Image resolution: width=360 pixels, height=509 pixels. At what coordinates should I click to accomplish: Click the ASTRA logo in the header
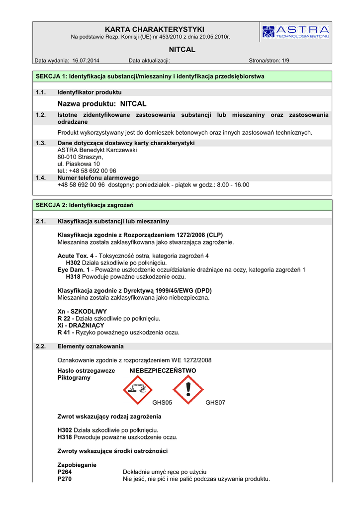[x=295, y=31]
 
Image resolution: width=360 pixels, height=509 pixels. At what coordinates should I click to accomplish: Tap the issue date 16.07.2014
[x=86, y=61]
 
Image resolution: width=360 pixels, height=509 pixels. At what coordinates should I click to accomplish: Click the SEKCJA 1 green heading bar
[x=182, y=77]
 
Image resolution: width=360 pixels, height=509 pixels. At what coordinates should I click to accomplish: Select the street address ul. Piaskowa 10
[x=79, y=164]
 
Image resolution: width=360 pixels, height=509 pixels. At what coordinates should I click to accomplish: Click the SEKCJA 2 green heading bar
[x=182, y=205]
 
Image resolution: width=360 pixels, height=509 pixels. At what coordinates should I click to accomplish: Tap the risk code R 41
[x=64, y=332]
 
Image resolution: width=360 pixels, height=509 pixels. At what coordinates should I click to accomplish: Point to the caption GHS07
[x=215, y=403]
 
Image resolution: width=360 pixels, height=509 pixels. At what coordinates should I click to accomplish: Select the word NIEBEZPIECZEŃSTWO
[x=163, y=371]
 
